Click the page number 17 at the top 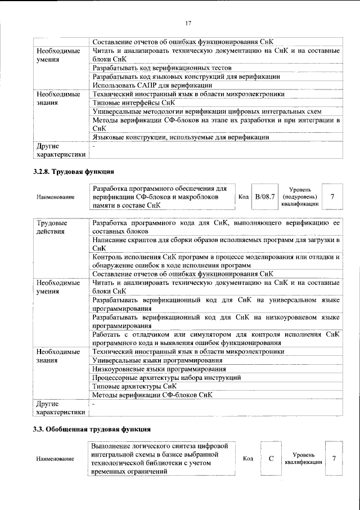click(x=188, y=23)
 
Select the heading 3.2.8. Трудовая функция click(x=74, y=171)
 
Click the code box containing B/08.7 click(x=264, y=196)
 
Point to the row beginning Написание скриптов click(x=216, y=244)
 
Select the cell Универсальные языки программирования click(x=157, y=360)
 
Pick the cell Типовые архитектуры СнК click(x=135, y=386)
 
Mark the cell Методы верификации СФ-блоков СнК click(x=152, y=395)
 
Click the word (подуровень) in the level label click(x=301, y=196)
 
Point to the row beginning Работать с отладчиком click(x=216, y=338)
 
